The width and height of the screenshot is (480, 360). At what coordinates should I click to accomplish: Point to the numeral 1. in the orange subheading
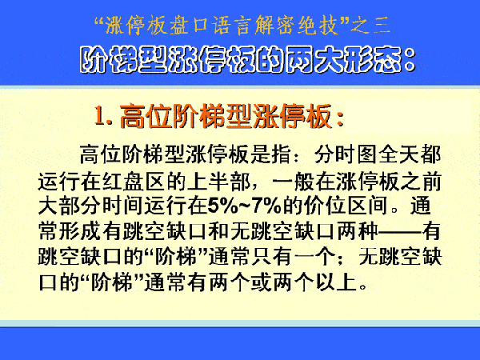(103, 116)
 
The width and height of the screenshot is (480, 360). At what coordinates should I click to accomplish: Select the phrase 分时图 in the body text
(346, 154)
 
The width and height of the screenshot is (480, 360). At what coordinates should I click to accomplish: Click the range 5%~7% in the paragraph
(245, 206)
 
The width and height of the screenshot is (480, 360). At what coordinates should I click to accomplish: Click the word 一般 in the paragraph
(294, 182)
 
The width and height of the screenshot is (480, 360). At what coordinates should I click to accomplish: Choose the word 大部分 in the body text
(70, 206)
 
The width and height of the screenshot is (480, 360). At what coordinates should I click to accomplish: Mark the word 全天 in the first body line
(399, 154)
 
